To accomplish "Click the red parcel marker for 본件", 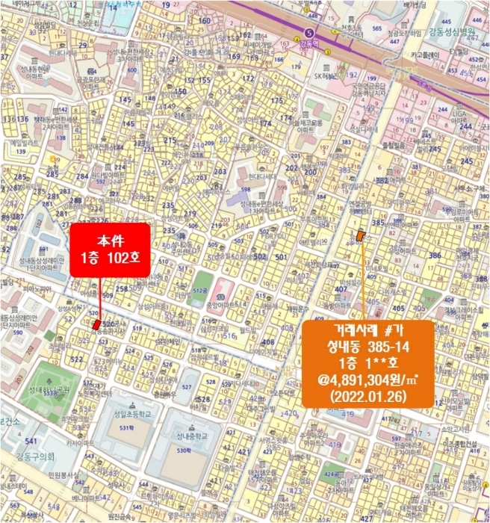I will click(x=96, y=324).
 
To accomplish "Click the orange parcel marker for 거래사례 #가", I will click(x=362, y=235).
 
